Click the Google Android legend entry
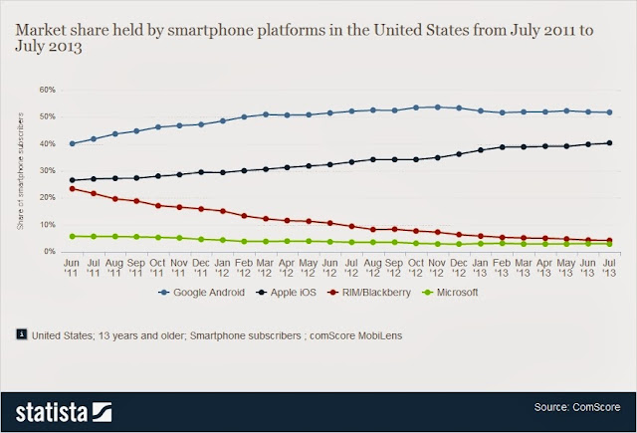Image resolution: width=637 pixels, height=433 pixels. [x=217, y=293]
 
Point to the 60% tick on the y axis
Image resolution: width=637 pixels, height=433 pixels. [x=47, y=90]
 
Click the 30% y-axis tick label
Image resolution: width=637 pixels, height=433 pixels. [x=47, y=170]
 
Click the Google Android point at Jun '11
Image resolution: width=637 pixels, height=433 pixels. [x=73, y=143]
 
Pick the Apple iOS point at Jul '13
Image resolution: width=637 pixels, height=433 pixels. [x=608, y=142]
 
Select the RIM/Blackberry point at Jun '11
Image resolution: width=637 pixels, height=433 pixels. [x=73, y=188]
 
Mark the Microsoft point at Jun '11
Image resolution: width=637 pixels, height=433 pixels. [x=73, y=236]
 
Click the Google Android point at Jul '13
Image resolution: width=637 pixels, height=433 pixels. [x=608, y=112]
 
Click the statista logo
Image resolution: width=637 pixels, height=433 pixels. [x=61, y=408]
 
